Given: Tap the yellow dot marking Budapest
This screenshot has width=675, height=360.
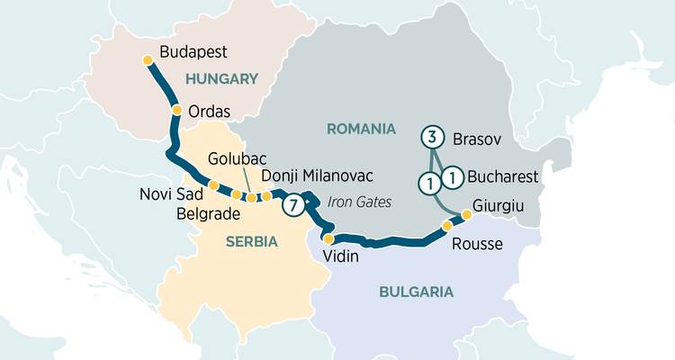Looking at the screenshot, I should point(148,60).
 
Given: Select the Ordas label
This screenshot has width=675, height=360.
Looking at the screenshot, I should point(210,112).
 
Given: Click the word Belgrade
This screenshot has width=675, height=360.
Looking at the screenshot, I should point(209,214).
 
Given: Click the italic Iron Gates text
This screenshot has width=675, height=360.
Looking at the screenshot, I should point(359,202).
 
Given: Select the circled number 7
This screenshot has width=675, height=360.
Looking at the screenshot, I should point(292,205).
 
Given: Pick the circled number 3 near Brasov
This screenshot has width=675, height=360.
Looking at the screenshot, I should point(432,138).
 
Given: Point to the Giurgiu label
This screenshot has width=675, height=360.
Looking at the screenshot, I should point(499,207).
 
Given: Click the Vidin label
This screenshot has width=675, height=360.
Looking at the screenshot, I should point(340,256).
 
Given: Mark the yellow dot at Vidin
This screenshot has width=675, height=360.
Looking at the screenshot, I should point(328,239).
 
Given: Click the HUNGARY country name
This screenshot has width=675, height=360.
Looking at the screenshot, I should point(221,79).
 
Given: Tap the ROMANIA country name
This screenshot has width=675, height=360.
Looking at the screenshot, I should point(361,129).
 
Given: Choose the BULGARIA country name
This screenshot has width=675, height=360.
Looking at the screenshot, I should point(416,292).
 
